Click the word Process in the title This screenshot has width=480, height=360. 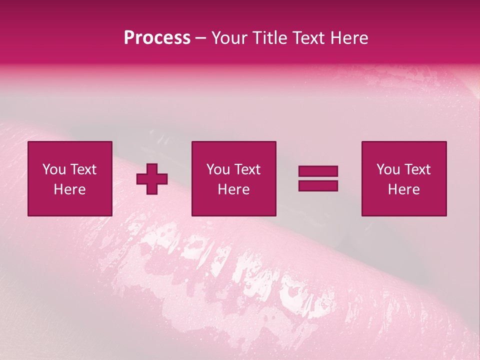pos(157,38)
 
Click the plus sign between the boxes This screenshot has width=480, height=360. pos(152,178)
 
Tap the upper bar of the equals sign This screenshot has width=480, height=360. pos(318,171)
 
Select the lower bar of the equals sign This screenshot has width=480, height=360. pos(318,185)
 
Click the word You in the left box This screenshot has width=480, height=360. pos(54,169)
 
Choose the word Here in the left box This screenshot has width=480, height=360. pos(69,189)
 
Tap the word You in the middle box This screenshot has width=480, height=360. pos(218,169)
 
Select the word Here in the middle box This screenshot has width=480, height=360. pos(233,189)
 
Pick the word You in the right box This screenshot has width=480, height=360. pos(388,169)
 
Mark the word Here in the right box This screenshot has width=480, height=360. pos(403,189)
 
